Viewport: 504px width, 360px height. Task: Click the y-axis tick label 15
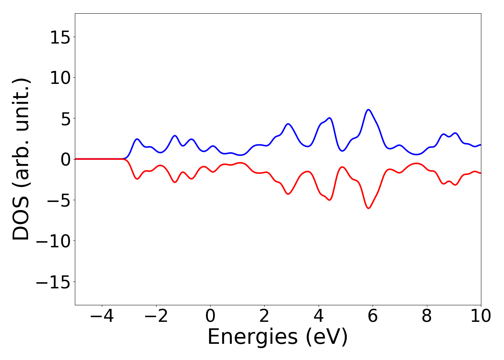pos(60,37)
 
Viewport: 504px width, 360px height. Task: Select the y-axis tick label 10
pos(60,78)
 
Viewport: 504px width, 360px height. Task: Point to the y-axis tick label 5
pos(65,118)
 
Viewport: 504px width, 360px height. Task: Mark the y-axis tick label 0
pos(65,159)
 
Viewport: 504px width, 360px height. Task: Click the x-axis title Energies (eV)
pos(278,337)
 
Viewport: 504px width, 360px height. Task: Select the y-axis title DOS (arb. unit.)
pos(22,159)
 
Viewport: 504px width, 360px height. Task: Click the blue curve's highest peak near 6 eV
pos(368,109)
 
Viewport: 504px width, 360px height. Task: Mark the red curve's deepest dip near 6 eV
pos(368,208)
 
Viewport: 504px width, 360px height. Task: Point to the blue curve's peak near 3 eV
pos(288,124)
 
